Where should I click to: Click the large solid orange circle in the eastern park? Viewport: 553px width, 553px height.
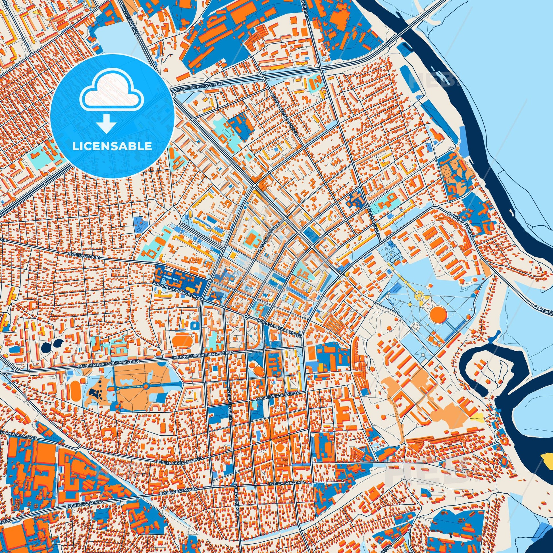(x=438, y=315)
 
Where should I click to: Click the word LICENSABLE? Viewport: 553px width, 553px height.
(x=112, y=146)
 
